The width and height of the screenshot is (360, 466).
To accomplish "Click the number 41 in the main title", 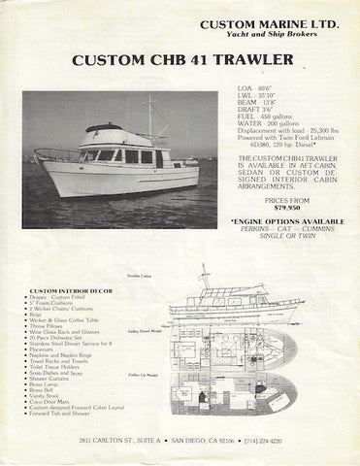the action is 181,62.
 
